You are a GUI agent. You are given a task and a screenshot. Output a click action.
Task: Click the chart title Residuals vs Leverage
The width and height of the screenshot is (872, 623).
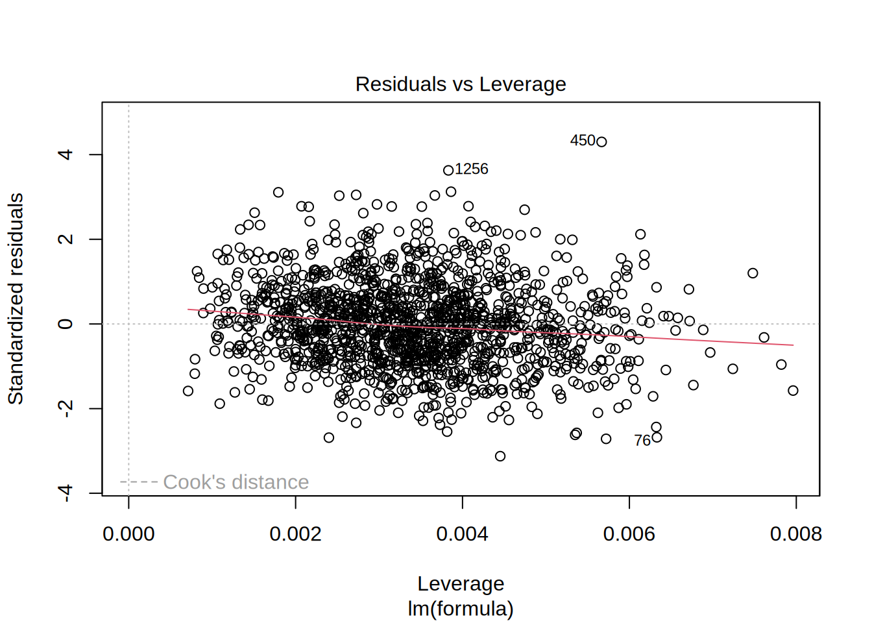[461, 84]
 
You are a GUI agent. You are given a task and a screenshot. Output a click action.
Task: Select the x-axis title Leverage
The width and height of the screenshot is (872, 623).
[461, 583]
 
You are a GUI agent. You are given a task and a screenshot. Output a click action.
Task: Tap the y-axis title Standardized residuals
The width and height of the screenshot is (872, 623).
[16, 299]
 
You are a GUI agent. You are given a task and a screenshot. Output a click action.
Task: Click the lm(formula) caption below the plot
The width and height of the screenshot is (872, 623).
[461, 609]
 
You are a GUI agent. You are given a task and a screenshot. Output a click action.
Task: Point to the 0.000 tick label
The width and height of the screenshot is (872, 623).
[128, 534]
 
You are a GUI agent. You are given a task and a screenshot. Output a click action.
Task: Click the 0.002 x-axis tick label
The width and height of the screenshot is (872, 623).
[295, 534]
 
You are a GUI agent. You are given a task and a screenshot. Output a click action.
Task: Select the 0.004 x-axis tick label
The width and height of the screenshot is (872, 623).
[462, 534]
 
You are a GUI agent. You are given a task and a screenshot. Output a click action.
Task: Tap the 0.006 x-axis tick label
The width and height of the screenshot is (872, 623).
[629, 534]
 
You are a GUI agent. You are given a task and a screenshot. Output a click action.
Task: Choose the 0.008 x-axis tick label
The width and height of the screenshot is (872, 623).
[795, 534]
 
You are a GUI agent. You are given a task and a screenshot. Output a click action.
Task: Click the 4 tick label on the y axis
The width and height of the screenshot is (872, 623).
[65, 154]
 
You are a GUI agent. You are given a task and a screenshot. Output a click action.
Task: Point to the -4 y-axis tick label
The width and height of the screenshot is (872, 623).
[65, 493]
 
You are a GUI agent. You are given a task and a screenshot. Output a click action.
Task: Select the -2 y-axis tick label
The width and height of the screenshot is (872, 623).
[65, 408]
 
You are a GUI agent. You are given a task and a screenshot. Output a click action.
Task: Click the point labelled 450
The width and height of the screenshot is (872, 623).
[601, 142]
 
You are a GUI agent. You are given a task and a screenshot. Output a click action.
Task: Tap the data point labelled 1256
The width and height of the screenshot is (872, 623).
[448, 171]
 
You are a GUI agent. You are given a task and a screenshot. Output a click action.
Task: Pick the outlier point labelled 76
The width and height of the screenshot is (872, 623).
[657, 437]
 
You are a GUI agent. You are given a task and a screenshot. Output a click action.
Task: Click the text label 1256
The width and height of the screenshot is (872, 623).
[472, 169]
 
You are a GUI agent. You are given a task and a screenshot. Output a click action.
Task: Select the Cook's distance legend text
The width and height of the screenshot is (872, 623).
[236, 482]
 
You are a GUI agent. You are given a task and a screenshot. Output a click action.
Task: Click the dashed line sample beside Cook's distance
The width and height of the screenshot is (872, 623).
[139, 482]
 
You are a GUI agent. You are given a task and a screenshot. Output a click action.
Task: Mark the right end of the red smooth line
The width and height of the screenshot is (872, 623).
[793, 345]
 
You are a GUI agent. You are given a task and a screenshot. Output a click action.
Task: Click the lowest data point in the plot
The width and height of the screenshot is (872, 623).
[500, 456]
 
